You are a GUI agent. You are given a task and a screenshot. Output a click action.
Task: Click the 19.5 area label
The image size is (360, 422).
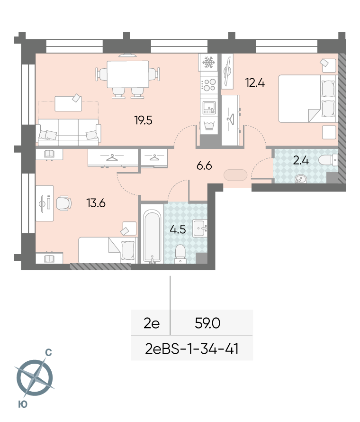144,120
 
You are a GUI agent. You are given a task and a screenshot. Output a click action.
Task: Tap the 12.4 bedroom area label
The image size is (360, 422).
255,83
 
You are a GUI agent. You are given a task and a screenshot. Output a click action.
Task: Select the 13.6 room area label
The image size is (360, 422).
96,203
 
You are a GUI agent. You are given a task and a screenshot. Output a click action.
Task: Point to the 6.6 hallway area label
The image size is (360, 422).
204,165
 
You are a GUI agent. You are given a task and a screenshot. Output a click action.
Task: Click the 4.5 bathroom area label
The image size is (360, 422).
178,229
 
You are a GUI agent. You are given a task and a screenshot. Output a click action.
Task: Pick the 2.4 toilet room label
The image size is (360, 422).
301,160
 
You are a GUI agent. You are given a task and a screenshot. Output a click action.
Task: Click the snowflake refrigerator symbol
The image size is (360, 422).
208,62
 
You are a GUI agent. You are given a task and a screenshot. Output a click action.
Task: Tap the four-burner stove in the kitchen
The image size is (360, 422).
209,84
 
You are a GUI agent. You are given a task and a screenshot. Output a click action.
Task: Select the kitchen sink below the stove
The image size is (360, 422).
209,107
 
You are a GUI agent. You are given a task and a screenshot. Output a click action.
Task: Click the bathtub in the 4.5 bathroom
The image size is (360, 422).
152,236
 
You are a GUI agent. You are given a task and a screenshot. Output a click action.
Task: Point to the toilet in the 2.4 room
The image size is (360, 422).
328,160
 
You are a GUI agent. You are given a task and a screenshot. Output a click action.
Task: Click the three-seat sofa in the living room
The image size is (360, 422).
69,132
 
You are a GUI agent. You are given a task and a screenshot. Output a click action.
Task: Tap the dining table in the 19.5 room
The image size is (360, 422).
128,74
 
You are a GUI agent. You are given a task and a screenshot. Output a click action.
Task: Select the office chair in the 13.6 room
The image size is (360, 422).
64,203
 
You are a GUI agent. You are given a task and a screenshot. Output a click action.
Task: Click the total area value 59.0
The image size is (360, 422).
207,323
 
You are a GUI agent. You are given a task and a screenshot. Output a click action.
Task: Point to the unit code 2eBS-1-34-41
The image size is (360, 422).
192,349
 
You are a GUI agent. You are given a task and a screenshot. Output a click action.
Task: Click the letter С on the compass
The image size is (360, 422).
48,352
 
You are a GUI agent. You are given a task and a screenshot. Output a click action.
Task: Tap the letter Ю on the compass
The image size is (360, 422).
23,404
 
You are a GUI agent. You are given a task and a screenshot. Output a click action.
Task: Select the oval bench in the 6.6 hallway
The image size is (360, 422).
235,175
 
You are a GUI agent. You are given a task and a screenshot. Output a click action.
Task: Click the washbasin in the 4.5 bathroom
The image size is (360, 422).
199,229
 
